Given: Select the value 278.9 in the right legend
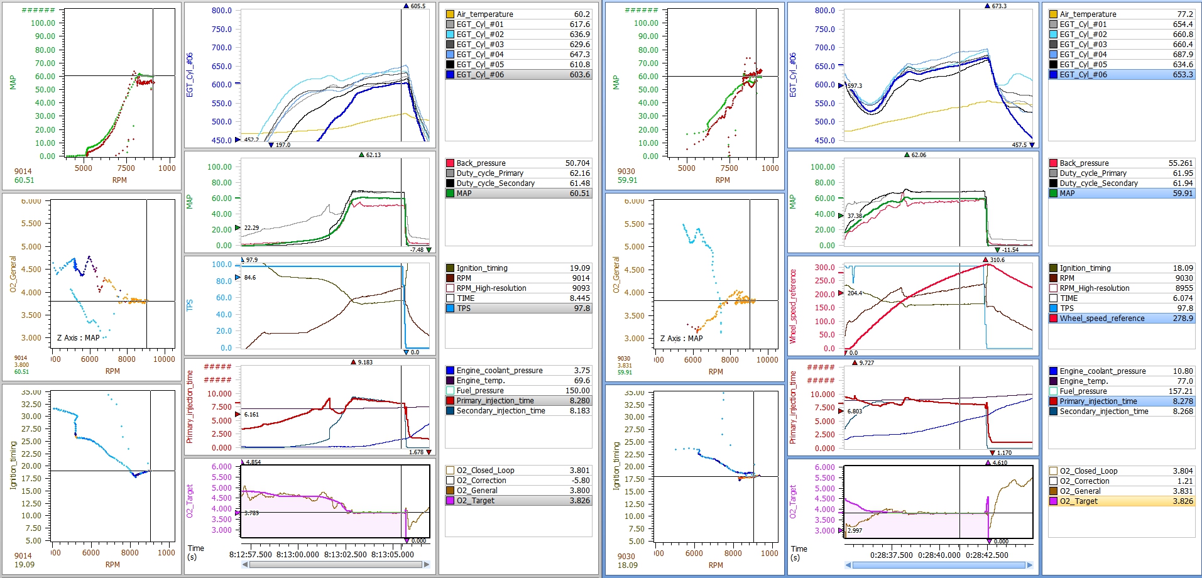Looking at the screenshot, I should [x=1183, y=319].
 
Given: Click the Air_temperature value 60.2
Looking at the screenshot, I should [x=581, y=14].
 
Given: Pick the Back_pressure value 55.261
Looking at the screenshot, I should [x=1180, y=163].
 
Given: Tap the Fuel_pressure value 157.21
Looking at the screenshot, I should [x=1181, y=391].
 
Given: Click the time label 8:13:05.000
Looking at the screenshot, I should [x=393, y=554].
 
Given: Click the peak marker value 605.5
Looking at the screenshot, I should [x=418, y=6].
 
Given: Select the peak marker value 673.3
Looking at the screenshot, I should [x=998, y=6].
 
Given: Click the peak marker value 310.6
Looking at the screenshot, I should [x=997, y=259].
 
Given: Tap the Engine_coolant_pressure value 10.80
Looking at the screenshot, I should [x=1183, y=371].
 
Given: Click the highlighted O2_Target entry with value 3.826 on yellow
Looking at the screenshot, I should [x=1121, y=501].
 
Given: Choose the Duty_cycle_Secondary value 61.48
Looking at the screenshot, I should [x=579, y=183].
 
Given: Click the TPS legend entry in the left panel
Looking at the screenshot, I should [x=464, y=308].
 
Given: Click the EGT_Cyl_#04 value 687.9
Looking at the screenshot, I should [x=1183, y=55].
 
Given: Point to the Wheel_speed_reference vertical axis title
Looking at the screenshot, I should [x=793, y=307].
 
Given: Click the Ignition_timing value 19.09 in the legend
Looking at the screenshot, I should [x=579, y=268].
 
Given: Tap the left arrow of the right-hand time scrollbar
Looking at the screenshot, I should [x=849, y=565].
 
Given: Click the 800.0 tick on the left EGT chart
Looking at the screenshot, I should [x=221, y=11].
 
